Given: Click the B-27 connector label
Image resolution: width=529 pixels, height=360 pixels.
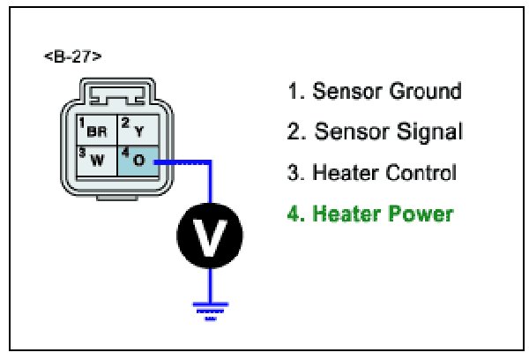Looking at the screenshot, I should click(x=72, y=57).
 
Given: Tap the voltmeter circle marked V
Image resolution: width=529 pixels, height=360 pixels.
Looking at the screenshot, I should click(x=210, y=234).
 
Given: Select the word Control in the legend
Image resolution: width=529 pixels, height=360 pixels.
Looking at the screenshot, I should click(x=420, y=173).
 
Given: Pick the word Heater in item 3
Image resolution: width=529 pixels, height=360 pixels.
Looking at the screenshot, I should click(x=345, y=173).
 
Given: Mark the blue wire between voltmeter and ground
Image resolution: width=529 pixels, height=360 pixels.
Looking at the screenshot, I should click(x=210, y=281).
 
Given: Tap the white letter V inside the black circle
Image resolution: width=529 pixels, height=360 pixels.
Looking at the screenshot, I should click(x=210, y=234).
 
